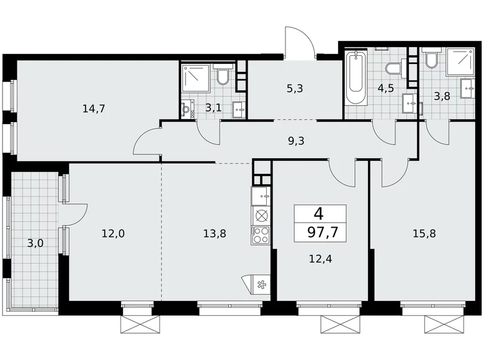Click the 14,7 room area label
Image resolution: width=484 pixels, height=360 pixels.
pyautogui.click(x=94, y=109)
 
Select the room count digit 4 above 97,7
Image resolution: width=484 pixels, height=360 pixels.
pyautogui.click(x=318, y=214)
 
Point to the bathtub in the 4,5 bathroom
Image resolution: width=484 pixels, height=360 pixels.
pyautogui.click(x=356, y=79)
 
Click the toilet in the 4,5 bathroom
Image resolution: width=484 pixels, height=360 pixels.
pyautogui.click(x=393, y=68)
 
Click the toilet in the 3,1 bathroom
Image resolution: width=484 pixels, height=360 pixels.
pyautogui.click(x=223, y=76)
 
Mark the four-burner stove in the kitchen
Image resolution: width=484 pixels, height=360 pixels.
pyautogui.click(x=261, y=235)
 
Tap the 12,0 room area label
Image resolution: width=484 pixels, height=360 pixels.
pyautogui.click(x=113, y=233)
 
